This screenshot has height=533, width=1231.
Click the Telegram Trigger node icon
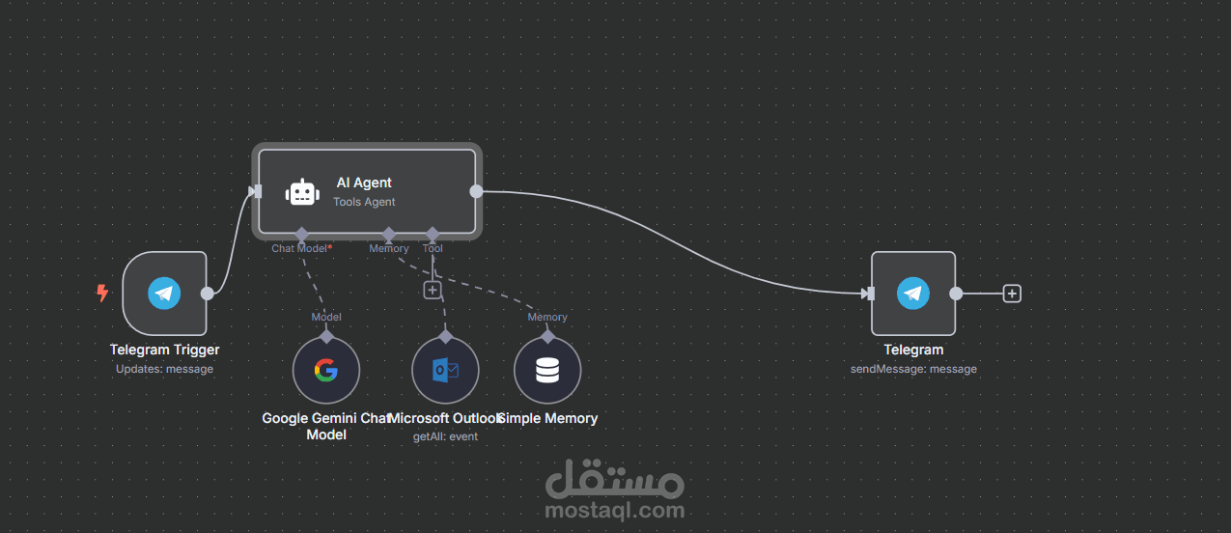[164, 293]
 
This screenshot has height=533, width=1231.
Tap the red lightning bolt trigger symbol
[102, 293]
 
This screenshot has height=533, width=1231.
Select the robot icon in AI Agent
[301, 192]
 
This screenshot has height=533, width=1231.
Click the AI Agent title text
[364, 182]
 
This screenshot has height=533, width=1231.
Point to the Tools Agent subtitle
[364, 202]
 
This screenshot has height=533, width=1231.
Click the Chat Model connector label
[300, 248]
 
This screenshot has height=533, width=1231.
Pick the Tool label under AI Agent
[433, 248]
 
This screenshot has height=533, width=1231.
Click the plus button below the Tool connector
[433, 289]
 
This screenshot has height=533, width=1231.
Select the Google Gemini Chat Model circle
[326, 370]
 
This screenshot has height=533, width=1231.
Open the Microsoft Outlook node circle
[445, 370]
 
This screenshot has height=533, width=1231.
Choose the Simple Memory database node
[547, 370]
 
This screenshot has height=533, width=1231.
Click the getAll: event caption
[445, 436]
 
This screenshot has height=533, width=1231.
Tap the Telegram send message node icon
[913, 293]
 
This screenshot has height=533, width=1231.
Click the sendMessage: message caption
[913, 369]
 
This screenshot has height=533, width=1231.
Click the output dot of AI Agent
[476, 191]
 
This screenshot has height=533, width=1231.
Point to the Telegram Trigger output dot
[207, 293]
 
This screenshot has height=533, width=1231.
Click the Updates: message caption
[164, 369]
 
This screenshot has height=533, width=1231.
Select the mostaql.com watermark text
[614, 510]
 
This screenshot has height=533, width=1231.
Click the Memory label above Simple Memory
[547, 317]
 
